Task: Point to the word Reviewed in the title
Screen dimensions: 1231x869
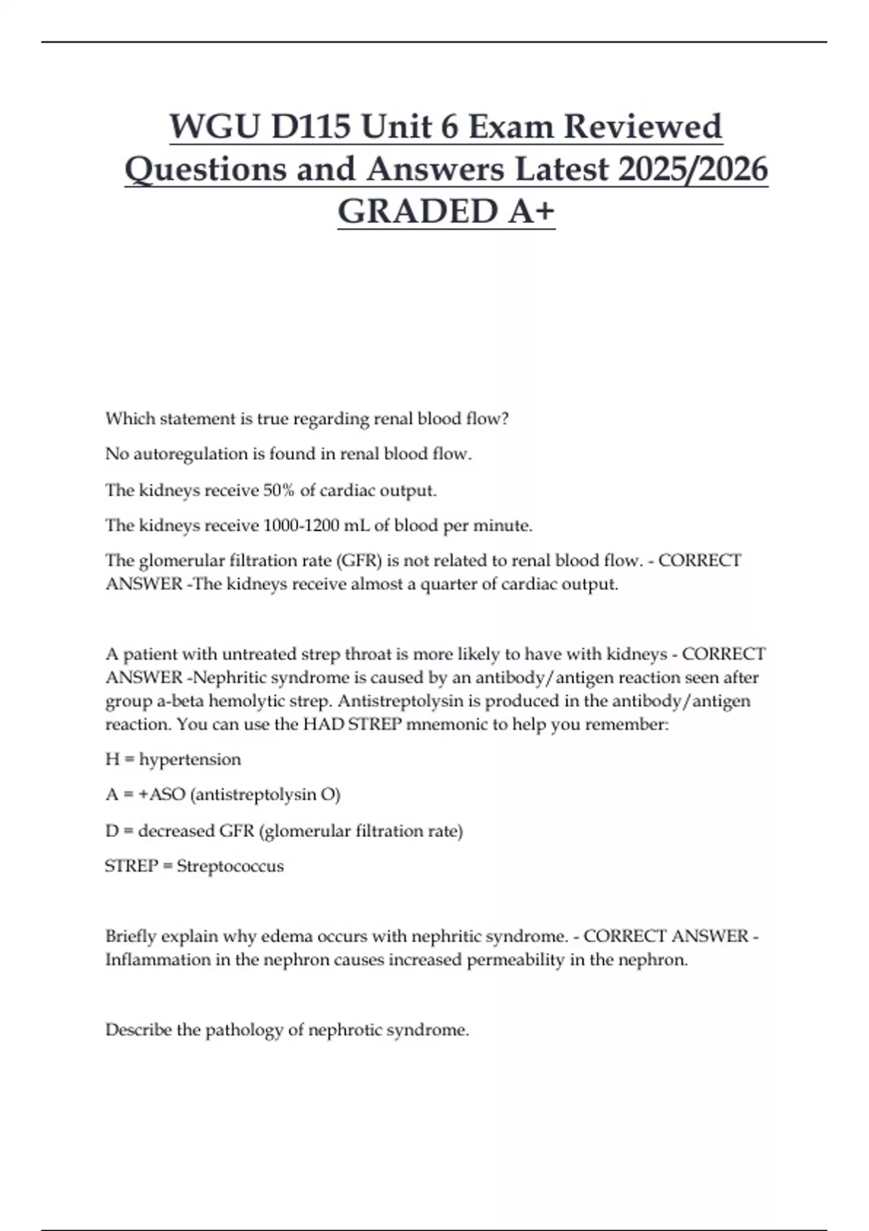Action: tap(642, 127)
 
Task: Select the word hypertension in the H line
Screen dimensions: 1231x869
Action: tap(190, 760)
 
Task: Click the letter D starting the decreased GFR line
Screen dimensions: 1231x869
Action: tap(112, 831)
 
